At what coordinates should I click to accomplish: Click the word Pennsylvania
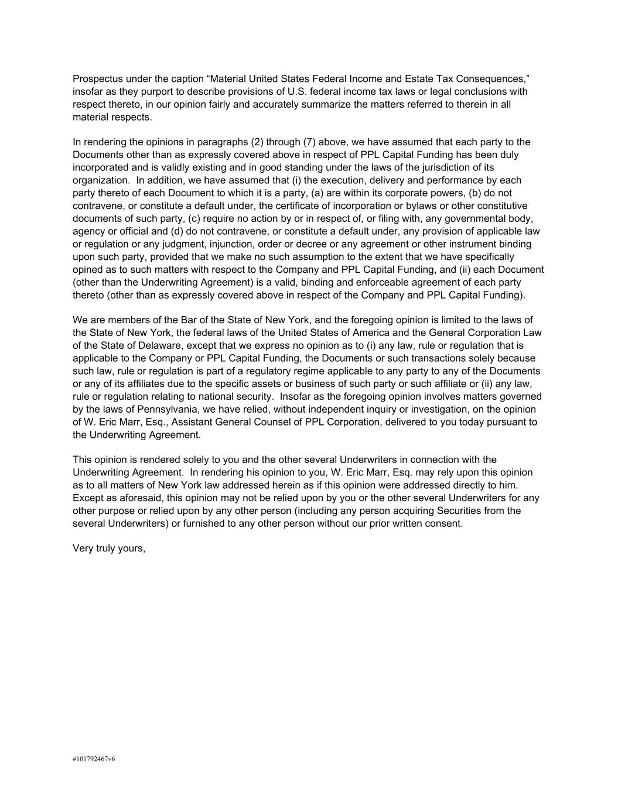[x=155, y=409]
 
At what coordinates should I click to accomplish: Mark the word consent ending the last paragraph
[x=443, y=523]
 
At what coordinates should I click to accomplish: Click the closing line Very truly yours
[x=109, y=548]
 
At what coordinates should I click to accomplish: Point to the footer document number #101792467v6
[x=94, y=759]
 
